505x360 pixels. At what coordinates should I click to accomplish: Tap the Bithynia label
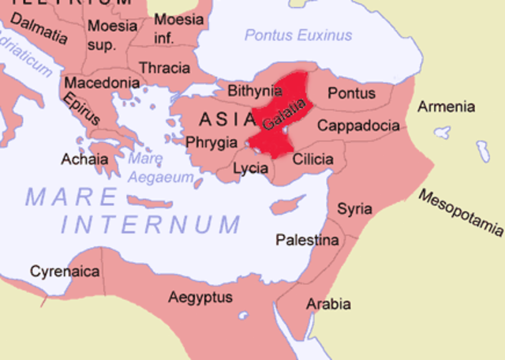[255, 92]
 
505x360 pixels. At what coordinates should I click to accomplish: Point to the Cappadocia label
[358, 125]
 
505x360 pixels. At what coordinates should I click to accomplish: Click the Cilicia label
[312, 159]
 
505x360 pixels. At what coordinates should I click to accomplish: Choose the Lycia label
[251, 168]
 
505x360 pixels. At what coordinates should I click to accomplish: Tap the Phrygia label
[211, 143]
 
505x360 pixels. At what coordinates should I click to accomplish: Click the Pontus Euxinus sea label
[298, 36]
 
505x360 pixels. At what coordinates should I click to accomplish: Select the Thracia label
[164, 68]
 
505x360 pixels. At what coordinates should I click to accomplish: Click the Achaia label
[85, 159]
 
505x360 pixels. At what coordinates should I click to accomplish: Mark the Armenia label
[447, 107]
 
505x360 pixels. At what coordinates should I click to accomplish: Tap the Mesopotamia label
[461, 212]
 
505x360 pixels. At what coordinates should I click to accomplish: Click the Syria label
[355, 208]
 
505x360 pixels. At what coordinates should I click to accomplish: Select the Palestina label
[307, 239]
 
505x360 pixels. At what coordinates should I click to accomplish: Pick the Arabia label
[330, 304]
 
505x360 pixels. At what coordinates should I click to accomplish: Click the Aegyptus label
[200, 297]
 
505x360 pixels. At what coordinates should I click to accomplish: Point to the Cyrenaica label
[65, 272]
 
